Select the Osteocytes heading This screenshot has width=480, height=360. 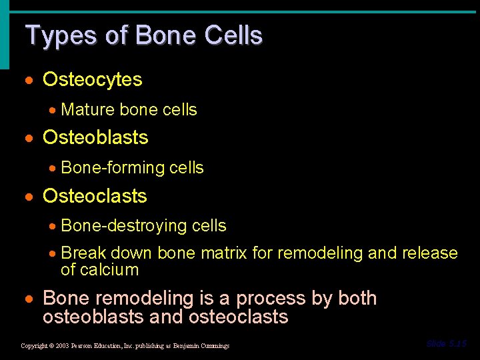point(92,80)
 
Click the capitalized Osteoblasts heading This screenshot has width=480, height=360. point(95,138)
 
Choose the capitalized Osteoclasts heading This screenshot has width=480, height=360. point(95,196)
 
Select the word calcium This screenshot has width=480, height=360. point(109,270)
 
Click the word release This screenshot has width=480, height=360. point(430,253)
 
